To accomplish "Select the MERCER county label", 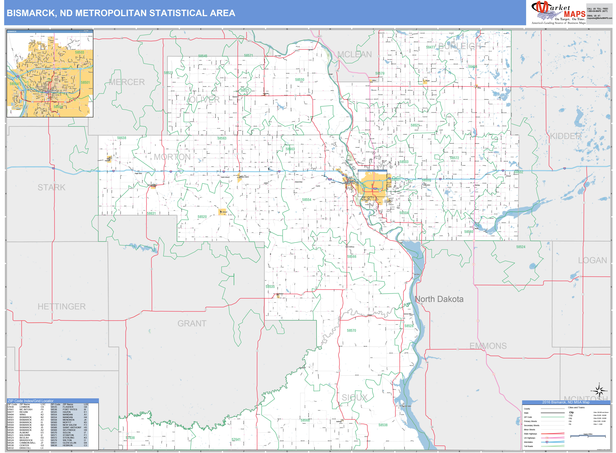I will (127, 82).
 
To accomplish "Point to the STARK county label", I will (52, 188).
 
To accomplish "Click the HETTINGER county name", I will (62, 307).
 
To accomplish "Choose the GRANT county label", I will (192, 324).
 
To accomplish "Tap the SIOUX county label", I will (354, 398).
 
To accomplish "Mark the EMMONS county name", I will (488, 346).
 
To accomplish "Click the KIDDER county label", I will (566, 136).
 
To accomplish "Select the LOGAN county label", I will (592, 261).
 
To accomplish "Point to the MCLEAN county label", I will (355, 55).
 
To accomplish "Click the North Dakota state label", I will (439, 299).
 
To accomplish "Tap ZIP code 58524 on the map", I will (521, 247).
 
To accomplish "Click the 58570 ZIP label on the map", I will (351, 330).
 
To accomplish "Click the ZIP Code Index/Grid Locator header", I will (31, 401).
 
